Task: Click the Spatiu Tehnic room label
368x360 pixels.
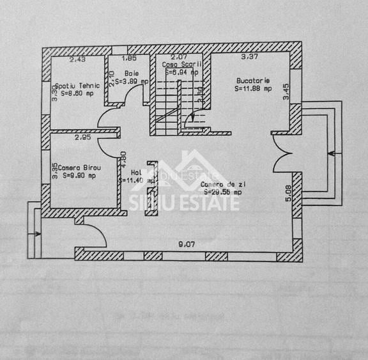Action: (77, 85)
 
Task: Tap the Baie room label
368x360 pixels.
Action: (132, 74)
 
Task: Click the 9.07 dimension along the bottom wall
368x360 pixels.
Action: (186, 243)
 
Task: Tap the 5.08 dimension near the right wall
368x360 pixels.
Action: (288, 192)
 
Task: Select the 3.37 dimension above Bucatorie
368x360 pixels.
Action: (249, 57)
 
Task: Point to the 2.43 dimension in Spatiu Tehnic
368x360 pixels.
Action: (77, 59)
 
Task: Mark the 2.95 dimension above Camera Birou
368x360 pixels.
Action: (82, 137)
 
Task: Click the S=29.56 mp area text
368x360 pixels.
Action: (221, 192)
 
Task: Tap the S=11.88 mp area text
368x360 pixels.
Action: (253, 89)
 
